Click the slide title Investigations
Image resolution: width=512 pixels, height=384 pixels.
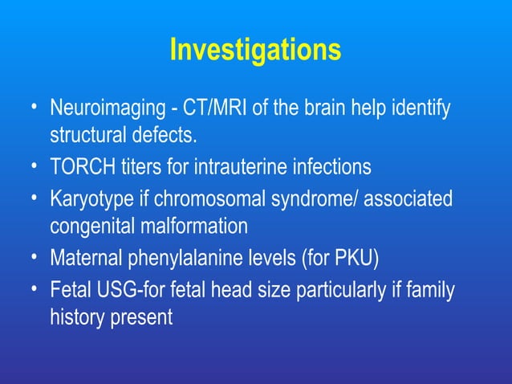(255, 50)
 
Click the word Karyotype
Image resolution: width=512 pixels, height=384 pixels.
(87, 198)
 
